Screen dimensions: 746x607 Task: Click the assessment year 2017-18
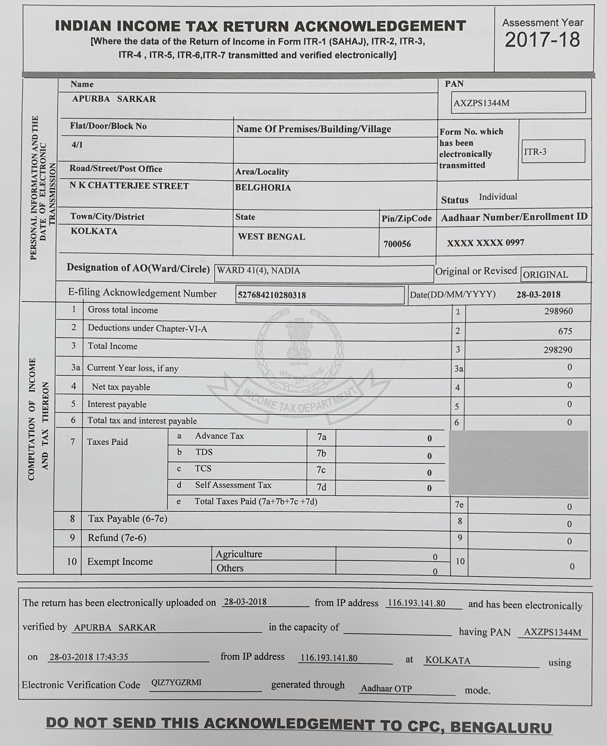[542, 40]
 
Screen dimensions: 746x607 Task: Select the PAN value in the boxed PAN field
[482, 103]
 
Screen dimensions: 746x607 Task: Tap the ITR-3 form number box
[552, 152]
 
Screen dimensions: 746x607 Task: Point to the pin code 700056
[397, 244]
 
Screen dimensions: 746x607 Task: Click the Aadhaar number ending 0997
[485, 242]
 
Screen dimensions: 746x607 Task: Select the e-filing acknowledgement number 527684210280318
[272, 295]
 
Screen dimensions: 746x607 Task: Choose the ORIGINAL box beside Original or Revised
[553, 274]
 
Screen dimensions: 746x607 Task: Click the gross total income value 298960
[558, 311]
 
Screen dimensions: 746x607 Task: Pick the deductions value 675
[565, 331]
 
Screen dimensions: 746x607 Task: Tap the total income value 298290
[558, 350]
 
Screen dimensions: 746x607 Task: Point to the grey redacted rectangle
[518, 463]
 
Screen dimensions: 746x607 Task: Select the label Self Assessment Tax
[233, 485]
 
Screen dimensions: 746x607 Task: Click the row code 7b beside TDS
[321, 453]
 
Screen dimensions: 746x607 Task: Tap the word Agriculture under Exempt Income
[239, 554]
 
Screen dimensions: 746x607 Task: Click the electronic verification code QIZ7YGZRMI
[176, 682]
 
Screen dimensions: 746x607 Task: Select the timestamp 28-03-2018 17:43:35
[89, 657]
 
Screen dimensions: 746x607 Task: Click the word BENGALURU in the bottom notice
[501, 727]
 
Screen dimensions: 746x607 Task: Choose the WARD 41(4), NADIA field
[258, 271]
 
